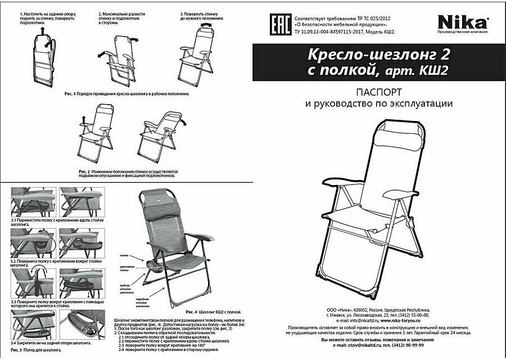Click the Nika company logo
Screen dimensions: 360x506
click(x=463, y=23)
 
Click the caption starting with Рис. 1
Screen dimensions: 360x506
click(x=126, y=94)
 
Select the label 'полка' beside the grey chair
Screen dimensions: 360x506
click(x=124, y=255)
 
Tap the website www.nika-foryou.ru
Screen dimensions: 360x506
click(x=408, y=321)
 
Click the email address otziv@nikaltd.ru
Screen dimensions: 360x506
click(x=359, y=346)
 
